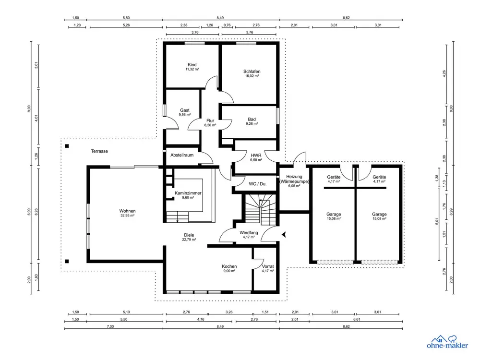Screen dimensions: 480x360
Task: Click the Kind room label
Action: click(192, 65)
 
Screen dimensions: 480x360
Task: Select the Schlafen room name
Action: click(252, 72)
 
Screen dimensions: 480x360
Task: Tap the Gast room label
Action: click(185, 110)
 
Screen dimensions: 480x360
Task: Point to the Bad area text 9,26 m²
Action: click(252, 124)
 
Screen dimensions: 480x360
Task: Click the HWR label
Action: click(256, 156)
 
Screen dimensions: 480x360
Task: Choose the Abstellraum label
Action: click(182, 155)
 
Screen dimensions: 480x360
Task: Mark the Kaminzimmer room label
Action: click(188, 193)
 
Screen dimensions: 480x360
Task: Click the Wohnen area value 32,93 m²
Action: click(128, 215)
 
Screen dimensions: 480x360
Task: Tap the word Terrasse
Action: click(99, 151)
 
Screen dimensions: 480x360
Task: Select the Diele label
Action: click(189, 235)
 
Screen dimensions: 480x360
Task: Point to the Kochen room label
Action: click(229, 266)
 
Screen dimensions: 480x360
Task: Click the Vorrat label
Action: click(268, 266)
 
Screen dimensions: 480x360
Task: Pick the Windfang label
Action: click(249, 233)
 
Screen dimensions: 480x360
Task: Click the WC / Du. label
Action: click(258, 184)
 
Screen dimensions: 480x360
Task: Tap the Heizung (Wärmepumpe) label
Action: click(294, 179)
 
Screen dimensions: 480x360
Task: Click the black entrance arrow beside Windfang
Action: click(284, 235)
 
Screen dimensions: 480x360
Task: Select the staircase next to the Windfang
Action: click(260, 209)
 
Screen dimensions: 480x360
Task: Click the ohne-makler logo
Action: click(447, 342)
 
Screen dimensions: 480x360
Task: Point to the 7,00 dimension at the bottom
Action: click(110, 326)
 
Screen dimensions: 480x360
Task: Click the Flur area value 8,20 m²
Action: click(210, 125)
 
